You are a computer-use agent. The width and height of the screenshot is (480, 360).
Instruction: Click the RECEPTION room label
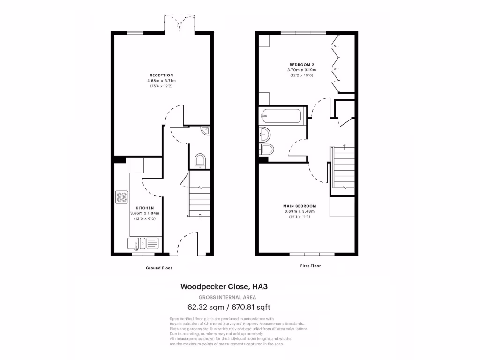(161, 75)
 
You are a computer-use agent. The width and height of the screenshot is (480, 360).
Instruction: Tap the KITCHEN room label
(144, 208)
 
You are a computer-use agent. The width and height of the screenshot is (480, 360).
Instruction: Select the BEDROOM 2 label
(301, 64)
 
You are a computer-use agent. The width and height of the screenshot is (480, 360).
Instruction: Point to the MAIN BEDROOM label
(300, 206)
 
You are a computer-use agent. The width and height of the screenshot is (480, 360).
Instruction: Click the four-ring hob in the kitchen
(122, 197)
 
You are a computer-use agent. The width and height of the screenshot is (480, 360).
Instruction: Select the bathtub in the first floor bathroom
(282, 115)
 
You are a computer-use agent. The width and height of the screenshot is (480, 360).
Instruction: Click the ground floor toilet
(200, 161)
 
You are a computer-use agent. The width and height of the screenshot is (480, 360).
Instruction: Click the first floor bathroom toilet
(267, 149)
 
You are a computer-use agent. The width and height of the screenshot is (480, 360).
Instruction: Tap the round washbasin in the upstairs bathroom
(264, 135)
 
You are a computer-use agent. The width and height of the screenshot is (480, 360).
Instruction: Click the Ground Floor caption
(159, 268)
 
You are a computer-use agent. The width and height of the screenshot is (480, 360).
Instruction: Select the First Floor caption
(310, 266)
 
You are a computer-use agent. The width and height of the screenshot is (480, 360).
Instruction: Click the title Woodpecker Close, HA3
(227, 286)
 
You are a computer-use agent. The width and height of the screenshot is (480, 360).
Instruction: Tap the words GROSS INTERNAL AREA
(227, 297)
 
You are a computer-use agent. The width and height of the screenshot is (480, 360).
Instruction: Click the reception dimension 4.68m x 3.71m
(161, 81)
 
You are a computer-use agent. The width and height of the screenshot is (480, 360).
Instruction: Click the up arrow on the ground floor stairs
(201, 216)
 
